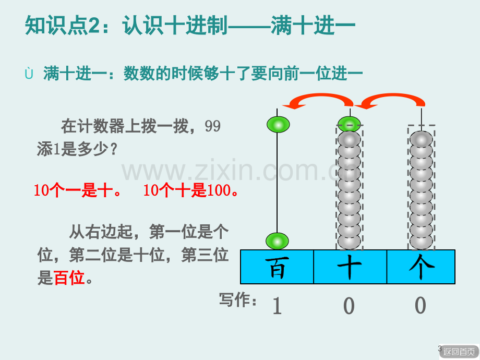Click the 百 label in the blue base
277,267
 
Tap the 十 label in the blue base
349,267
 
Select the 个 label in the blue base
422,267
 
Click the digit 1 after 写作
277,306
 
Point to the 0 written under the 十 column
349,306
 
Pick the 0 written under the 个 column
421,305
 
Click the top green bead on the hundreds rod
278,125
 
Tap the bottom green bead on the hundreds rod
277,241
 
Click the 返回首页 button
459,352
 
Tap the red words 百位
69,278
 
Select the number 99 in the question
212,126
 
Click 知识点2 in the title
63,25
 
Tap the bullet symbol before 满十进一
29,74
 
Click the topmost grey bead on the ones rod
421,140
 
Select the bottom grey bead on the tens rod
349,241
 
